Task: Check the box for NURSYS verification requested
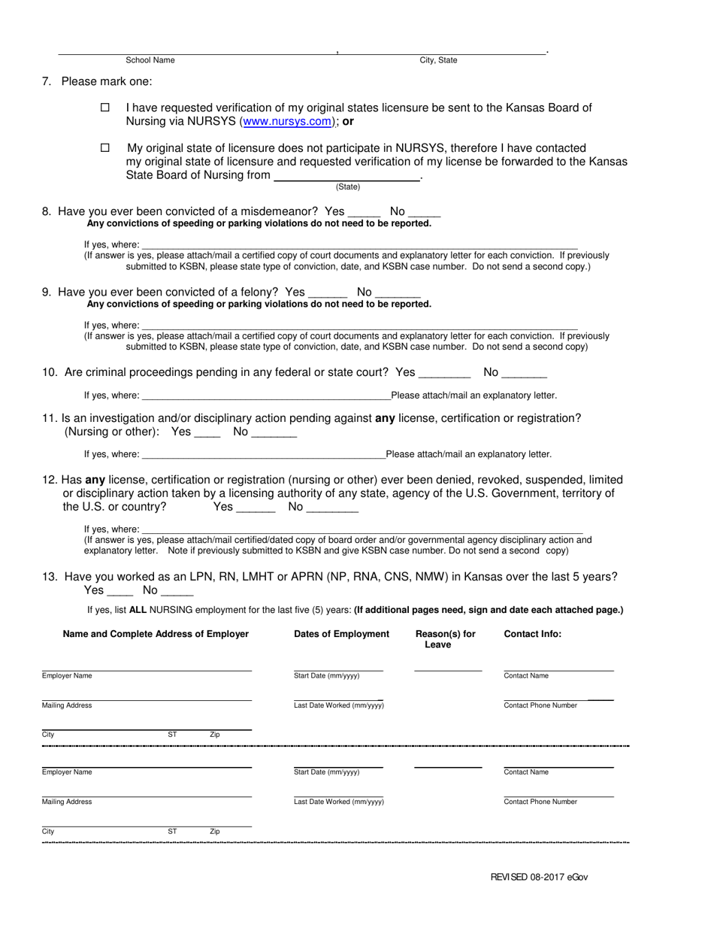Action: pyautogui.click(x=105, y=108)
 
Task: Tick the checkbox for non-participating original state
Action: pyautogui.click(x=105, y=148)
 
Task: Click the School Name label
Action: pyautogui.click(x=150, y=60)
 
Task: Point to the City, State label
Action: pyautogui.click(x=438, y=60)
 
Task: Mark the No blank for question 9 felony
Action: pyautogui.click(x=398, y=293)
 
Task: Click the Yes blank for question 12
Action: pyautogui.click(x=256, y=508)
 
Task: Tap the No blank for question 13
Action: pyautogui.click(x=177, y=592)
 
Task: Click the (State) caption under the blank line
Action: pyautogui.click(x=348, y=187)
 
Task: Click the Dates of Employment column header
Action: pyautogui.click(x=341, y=634)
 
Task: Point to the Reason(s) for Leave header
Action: pyautogui.click(x=445, y=639)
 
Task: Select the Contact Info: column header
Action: pyautogui.click(x=532, y=634)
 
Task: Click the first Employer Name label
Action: pyautogui.click(x=67, y=676)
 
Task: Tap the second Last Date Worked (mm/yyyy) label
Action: pyautogui.click(x=338, y=802)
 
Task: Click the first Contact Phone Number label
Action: pyautogui.click(x=540, y=705)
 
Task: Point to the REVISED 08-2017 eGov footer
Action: pyautogui.click(x=539, y=877)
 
